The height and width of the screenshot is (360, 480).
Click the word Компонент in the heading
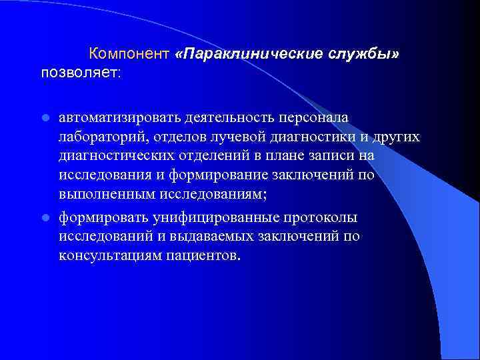127,53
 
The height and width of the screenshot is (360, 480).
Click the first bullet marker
45,118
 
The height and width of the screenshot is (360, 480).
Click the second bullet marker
45,217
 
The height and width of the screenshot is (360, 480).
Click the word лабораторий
100,137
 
